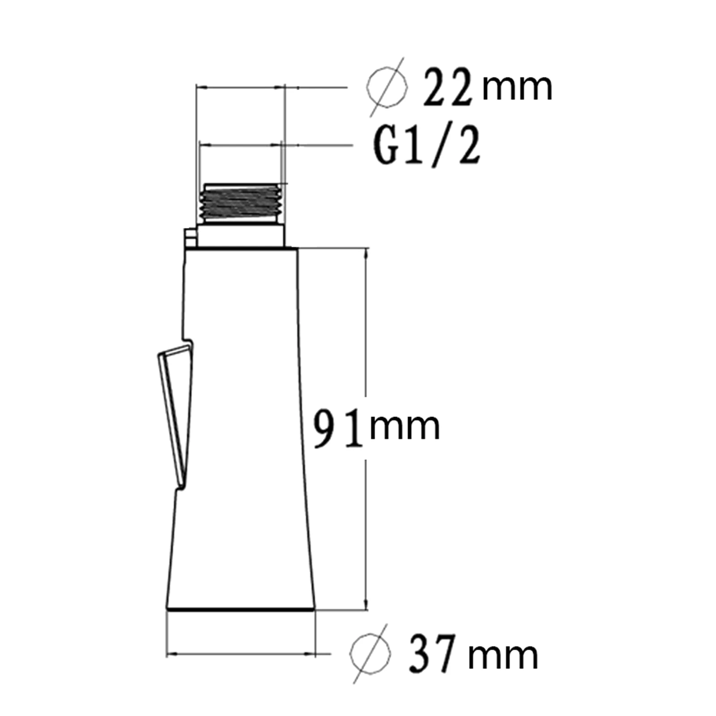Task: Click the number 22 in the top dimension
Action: [447, 88]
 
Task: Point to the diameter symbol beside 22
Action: [387, 87]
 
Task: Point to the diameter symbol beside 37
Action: [371, 654]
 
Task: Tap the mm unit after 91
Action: [405, 427]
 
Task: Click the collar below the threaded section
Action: [241, 236]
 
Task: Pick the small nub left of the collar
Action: [190, 237]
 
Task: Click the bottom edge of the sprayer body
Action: [241, 609]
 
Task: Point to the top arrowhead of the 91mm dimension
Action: [367, 253]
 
